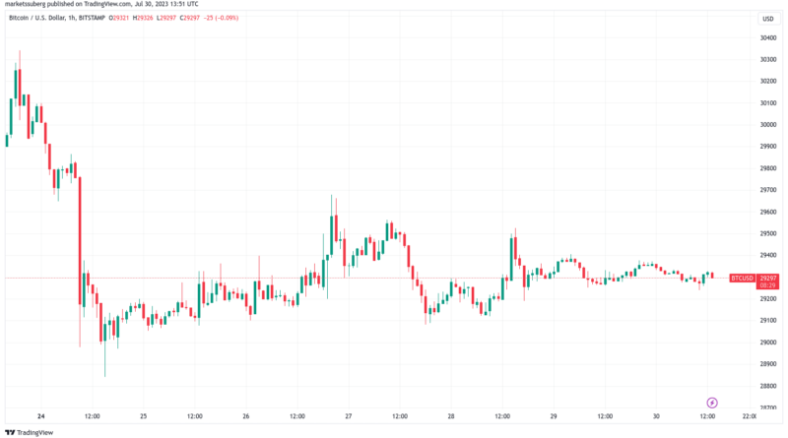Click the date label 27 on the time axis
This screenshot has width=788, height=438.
click(x=349, y=416)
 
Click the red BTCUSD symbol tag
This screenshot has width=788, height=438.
click(x=742, y=279)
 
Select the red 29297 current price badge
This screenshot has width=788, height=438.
click(x=769, y=279)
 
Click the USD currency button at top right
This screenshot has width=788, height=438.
click(x=765, y=19)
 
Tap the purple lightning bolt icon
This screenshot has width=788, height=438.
click(x=712, y=403)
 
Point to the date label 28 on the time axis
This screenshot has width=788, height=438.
click(x=451, y=416)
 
